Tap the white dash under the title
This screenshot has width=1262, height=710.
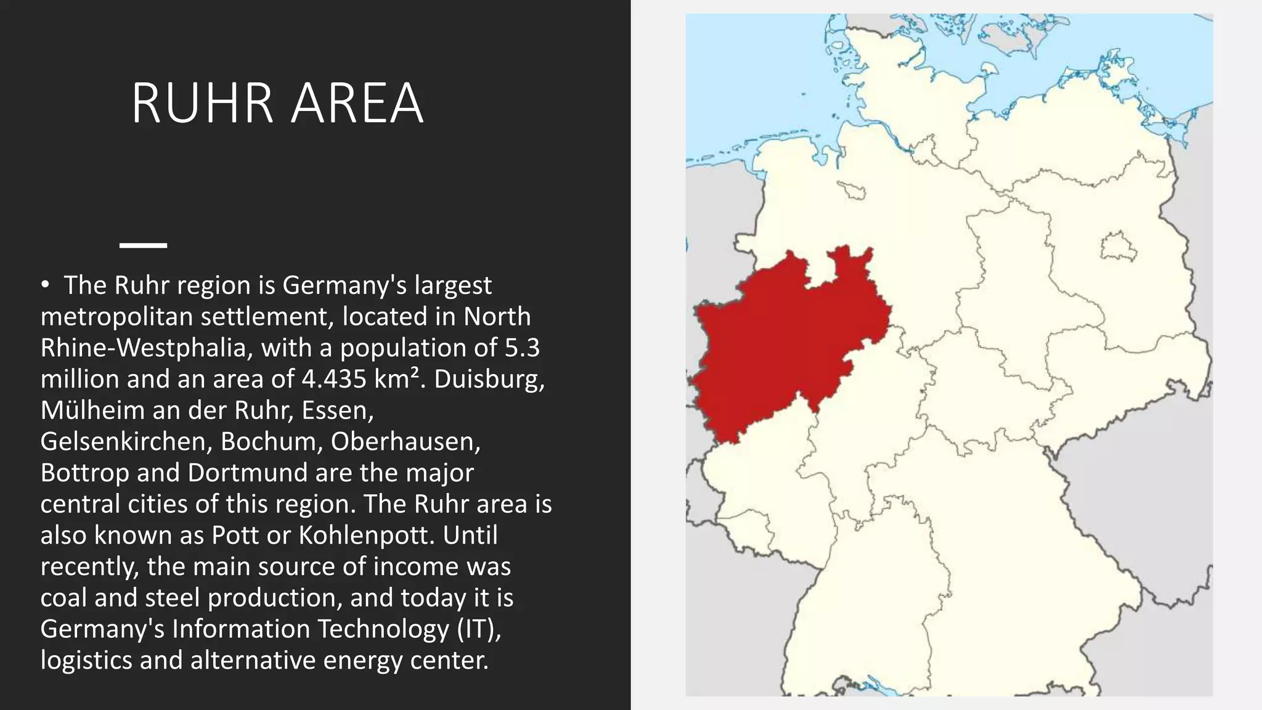tap(143, 245)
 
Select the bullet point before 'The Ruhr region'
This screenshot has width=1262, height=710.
tap(45, 285)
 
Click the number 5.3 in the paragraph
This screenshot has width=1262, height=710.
tap(522, 348)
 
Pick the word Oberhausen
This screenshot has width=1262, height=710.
tap(405, 442)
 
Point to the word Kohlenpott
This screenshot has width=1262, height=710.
tap(367, 536)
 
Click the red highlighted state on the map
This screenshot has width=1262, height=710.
tap(783, 345)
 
